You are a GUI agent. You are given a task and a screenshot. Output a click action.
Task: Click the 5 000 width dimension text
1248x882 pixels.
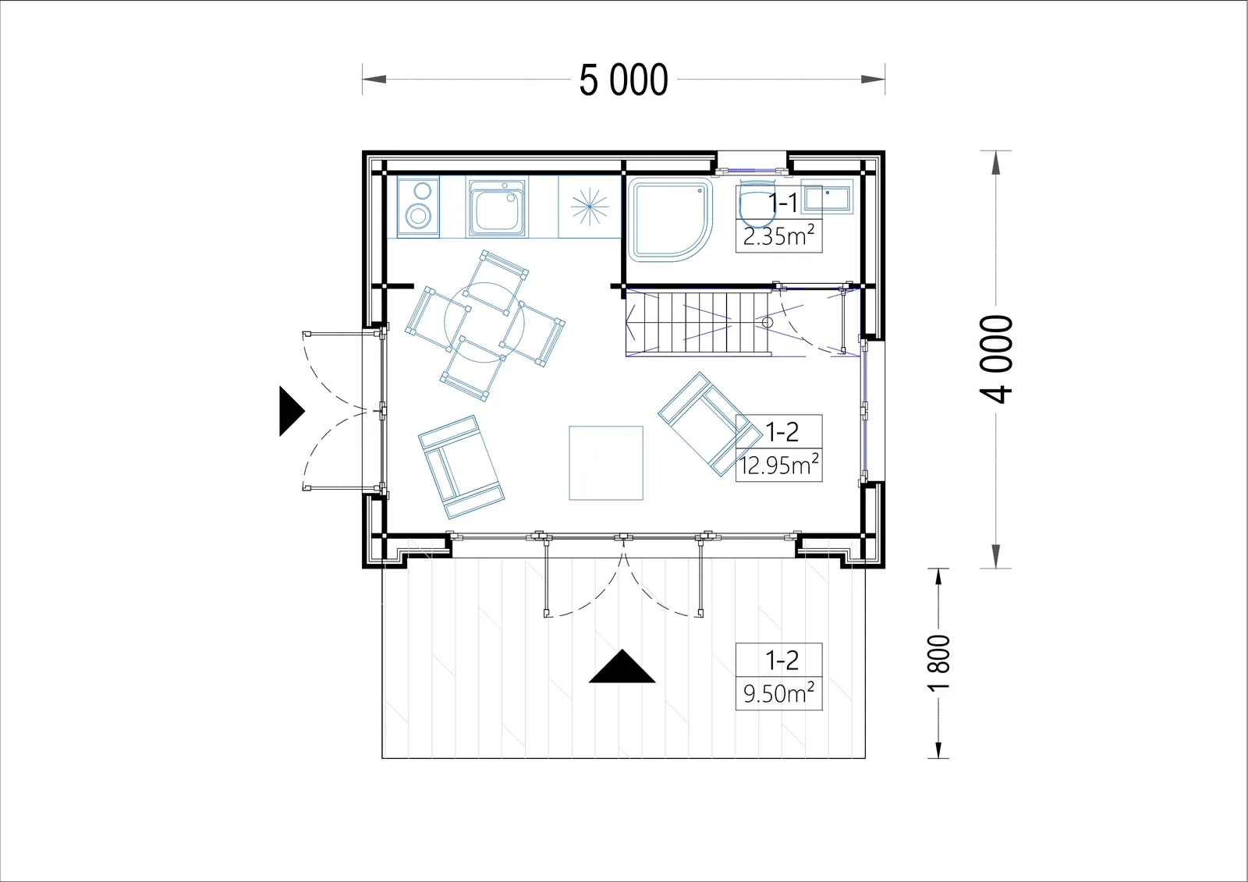pyautogui.click(x=623, y=80)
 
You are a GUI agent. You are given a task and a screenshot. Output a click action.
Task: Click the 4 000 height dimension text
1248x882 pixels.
pyautogui.click(x=995, y=359)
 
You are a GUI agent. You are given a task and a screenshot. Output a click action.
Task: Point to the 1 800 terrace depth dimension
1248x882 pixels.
pyautogui.click(x=938, y=663)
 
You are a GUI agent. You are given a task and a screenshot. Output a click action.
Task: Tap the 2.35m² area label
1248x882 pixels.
pyautogui.click(x=778, y=236)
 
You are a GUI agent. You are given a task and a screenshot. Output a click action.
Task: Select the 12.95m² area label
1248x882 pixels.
pyautogui.click(x=779, y=465)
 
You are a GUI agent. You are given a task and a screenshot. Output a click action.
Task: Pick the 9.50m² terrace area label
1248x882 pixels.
pyautogui.click(x=779, y=693)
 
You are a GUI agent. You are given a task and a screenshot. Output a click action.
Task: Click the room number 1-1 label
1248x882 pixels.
pyautogui.click(x=783, y=204)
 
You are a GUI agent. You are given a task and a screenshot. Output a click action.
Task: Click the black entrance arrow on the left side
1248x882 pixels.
pyautogui.click(x=292, y=411)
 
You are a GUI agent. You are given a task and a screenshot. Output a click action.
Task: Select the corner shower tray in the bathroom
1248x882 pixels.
pyautogui.click(x=671, y=220)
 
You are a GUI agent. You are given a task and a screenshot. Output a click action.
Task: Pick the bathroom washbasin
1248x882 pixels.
pyautogui.click(x=827, y=196)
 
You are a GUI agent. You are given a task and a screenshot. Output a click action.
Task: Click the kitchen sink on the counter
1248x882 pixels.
pyautogui.click(x=497, y=207)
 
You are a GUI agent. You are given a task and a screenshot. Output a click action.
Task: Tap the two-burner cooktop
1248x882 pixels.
pyautogui.click(x=418, y=207)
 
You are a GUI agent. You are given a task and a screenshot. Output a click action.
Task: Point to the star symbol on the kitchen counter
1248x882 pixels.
pyautogui.click(x=590, y=207)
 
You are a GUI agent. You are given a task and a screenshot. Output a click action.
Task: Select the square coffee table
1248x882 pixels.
pyautogui.click(x=606, y=463)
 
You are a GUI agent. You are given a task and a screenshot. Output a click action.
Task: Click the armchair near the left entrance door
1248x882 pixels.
pyautogui.click(x=461, y=467)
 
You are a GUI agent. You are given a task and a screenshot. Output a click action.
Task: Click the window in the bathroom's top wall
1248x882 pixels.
pyautogui.click(x=752, y=169)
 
